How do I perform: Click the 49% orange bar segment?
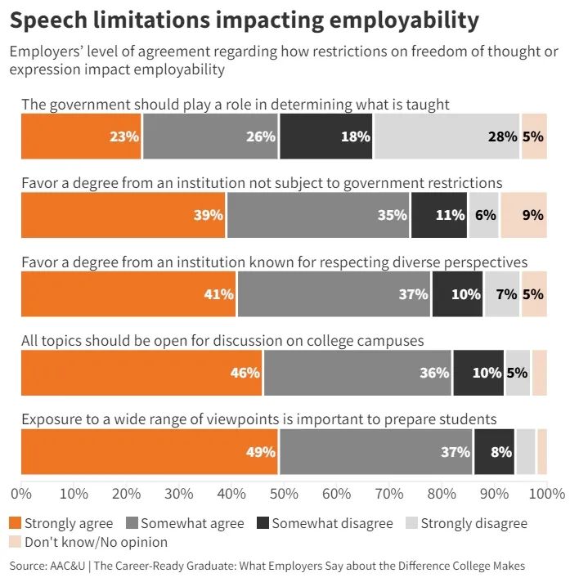click(x=150, y=451)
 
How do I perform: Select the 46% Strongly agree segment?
click(x=142, y=373)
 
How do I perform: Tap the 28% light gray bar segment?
click(x=447, y=137)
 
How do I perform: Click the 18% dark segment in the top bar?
click(x=326, y=137)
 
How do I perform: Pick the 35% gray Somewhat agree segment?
click(x=319, y=215)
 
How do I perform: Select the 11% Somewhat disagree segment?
click(x=439, y=215)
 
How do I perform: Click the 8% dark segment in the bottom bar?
click(x=494, y=451)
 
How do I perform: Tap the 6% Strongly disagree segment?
click(x=484, y=215)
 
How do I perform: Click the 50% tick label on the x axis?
click(x=284, y=494)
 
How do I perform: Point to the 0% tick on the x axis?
click(x=20, y=494)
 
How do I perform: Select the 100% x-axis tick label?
click(x=547, y=494)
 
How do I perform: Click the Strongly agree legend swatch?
click(x=15, y=523)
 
